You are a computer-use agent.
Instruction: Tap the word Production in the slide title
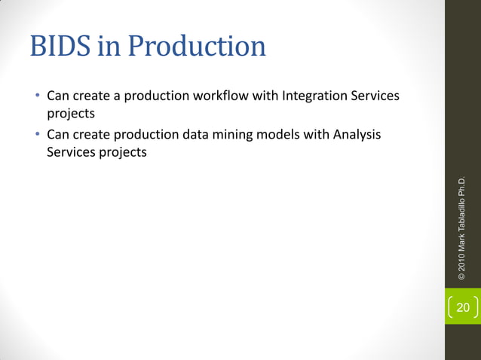click(x=197, y=47)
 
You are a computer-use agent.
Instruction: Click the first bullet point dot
click(x=35, y=97)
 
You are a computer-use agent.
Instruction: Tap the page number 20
click(x=462, y=307)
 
